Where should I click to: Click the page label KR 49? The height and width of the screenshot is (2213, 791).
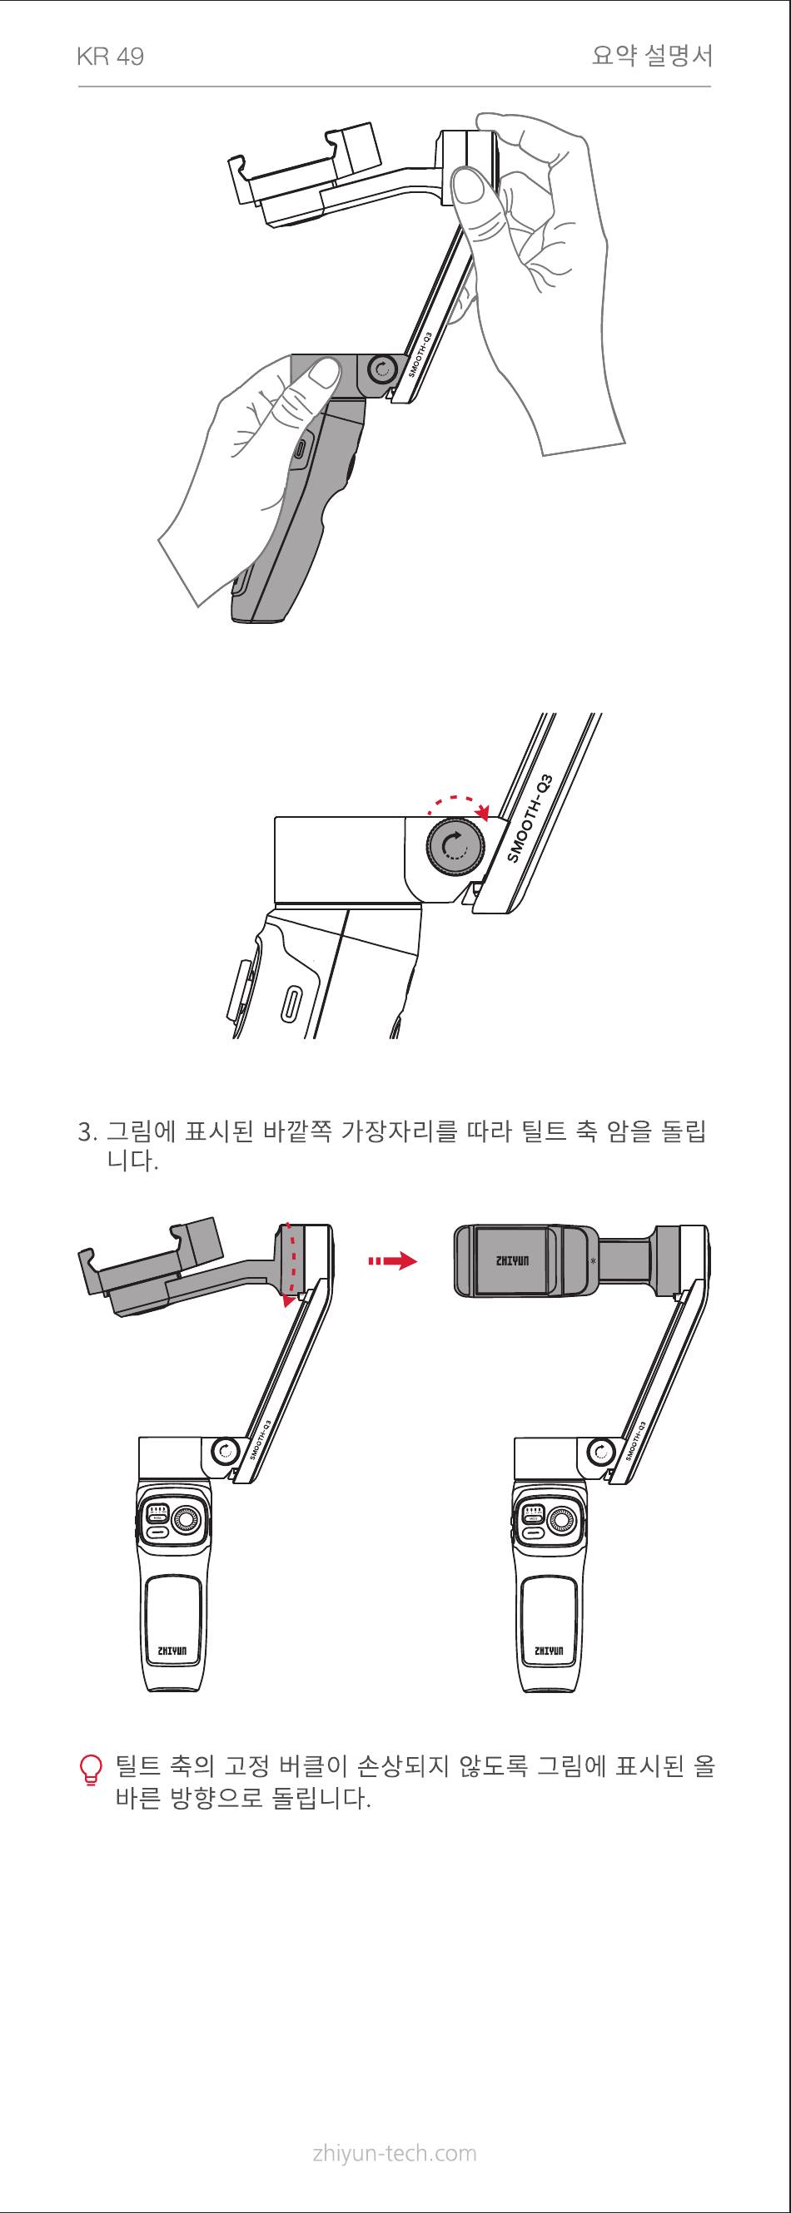(x=110, y=57)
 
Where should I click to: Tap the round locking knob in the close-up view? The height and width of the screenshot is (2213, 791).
(x=455, y=846)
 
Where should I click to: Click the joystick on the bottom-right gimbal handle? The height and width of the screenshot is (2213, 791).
(x=560, y=1520)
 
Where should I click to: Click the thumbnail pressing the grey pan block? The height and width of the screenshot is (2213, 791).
(x=324, y=374)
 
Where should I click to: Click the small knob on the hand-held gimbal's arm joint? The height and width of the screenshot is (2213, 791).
(x=379, y=372)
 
